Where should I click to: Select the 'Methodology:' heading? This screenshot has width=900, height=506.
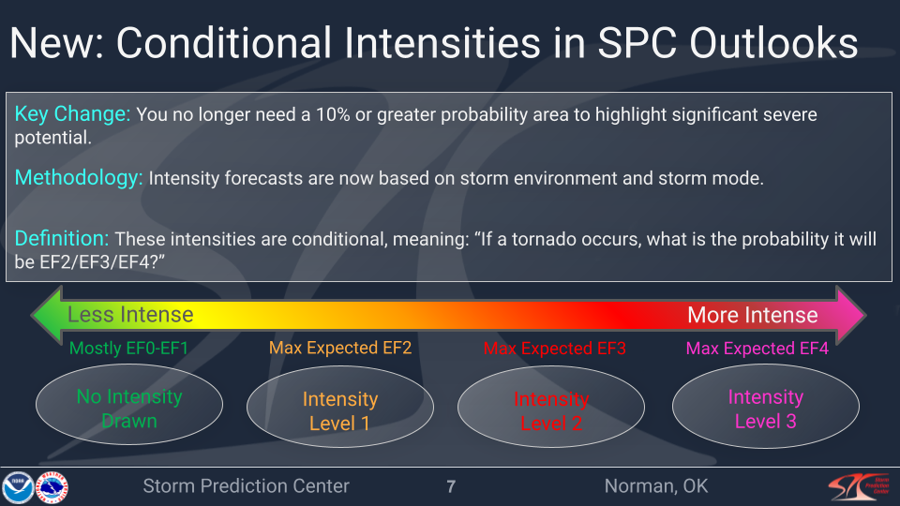pos(78,178)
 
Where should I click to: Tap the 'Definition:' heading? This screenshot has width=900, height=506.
pos(62,239)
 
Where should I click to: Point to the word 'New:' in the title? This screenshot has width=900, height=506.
pos(56,44)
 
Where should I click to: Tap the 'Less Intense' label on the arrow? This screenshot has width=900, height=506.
pos(130,315)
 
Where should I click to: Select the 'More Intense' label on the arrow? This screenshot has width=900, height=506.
pos(752,315)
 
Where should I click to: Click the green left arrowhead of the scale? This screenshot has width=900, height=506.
pos(45,314)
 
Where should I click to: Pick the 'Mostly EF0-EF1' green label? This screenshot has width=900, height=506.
pos(129,349)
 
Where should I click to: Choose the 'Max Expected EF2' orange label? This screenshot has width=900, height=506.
pos(340,349)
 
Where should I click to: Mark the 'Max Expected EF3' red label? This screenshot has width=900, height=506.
pos(554,349)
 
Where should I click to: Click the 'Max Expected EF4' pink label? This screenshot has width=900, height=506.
pos(757,349)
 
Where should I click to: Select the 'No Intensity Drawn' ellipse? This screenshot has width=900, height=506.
pos(129,409)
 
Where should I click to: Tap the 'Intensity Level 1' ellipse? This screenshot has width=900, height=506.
pos(340,411)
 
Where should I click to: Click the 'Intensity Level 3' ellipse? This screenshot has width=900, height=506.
pos(765,409)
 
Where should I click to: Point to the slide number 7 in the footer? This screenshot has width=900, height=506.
pos(451,486)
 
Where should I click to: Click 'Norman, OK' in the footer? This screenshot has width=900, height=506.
pos(656,486)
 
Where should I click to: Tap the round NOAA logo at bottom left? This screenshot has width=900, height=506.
pos(17,487)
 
